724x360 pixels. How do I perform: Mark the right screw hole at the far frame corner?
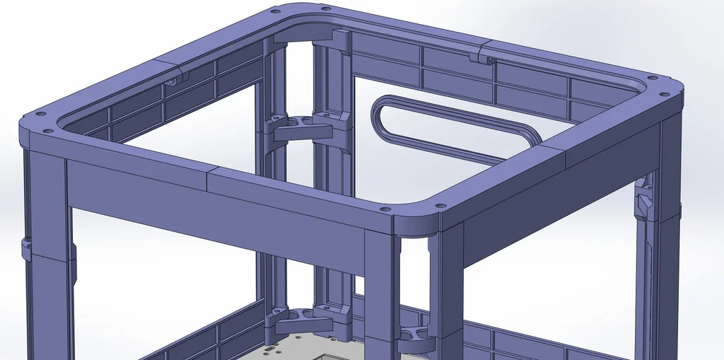point(325,9)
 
